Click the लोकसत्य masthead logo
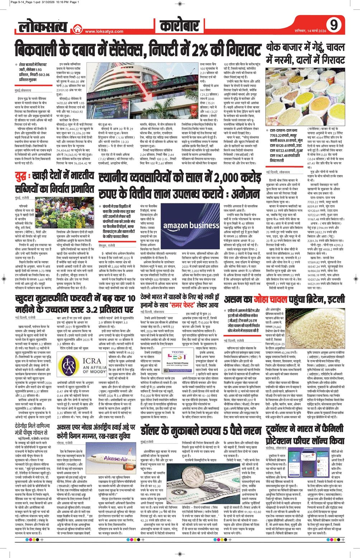(x=43, y=27)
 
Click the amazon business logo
(x=191, y=226)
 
